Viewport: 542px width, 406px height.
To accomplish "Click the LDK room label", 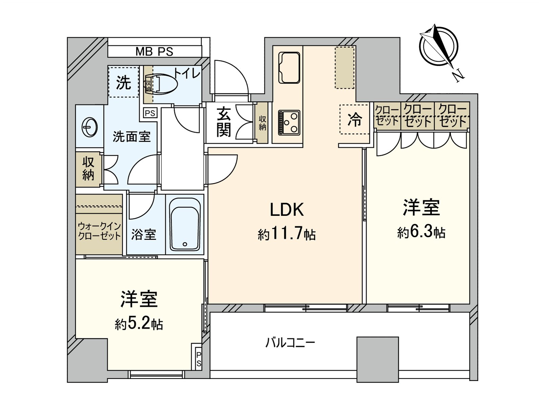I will click(287, 210).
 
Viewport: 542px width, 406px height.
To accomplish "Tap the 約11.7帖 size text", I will click(287, 234).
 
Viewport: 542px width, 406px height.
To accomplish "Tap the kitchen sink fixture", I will click(289, 67).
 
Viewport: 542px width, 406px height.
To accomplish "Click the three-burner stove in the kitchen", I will click(289, 122).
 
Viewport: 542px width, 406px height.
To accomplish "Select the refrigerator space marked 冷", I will click(354, 119).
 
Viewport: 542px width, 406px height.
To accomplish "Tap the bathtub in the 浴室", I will click(185, 224).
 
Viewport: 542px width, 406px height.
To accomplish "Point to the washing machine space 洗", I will click(124, 82).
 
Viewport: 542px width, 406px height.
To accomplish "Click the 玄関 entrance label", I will click(224, 122).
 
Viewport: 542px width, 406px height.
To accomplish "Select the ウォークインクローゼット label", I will click(99, 231).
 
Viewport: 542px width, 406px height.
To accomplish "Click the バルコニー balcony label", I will click(290, 343).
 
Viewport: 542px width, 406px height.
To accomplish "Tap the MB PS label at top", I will click(154, 52).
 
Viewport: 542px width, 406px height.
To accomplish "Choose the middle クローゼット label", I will click(417, 115).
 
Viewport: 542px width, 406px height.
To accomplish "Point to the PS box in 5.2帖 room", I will click(199, 360).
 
